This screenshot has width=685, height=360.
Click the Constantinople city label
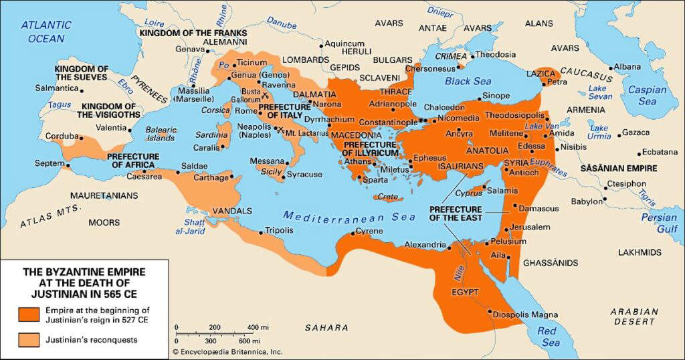click(388, 123)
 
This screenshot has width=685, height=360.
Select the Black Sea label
click(468, 81)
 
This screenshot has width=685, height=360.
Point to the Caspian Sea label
click(647, 95)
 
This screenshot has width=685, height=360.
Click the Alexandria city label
click(424, 245)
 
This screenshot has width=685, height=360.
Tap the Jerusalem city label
click(530, 227)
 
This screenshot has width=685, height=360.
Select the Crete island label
click(387, 197)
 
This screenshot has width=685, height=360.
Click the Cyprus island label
click(469, 193)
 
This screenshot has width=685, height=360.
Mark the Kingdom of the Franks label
click(193, 33)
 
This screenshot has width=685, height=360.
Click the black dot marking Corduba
click(81, 138)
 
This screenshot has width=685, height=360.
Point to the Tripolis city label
click(279, 230)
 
